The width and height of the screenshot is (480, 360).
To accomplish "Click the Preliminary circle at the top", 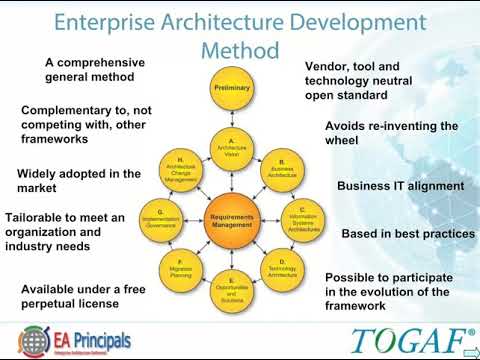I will [x=232, y=89].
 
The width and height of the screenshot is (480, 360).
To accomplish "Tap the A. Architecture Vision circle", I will [x=232, y=149].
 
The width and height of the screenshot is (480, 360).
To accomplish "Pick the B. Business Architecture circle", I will [x=282, y=168].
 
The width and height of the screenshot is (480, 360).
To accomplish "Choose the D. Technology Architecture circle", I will [x=282, y=269].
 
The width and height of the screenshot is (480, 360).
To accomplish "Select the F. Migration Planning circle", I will [x=181, y=269].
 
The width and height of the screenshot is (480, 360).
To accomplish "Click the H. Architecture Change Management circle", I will [x=181, y=169].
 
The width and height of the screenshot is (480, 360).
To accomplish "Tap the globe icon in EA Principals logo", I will [x=35, y=341].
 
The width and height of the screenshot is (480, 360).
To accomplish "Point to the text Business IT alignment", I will [x=400, y=186].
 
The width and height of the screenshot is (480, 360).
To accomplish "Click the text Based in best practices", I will [x=408, y=234].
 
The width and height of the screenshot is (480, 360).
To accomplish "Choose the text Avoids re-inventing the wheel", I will [x=391, y=134].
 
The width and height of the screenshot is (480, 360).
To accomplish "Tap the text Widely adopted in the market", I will [x=79, y=180].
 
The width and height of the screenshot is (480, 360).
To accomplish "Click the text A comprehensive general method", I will [x=95, y=69].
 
